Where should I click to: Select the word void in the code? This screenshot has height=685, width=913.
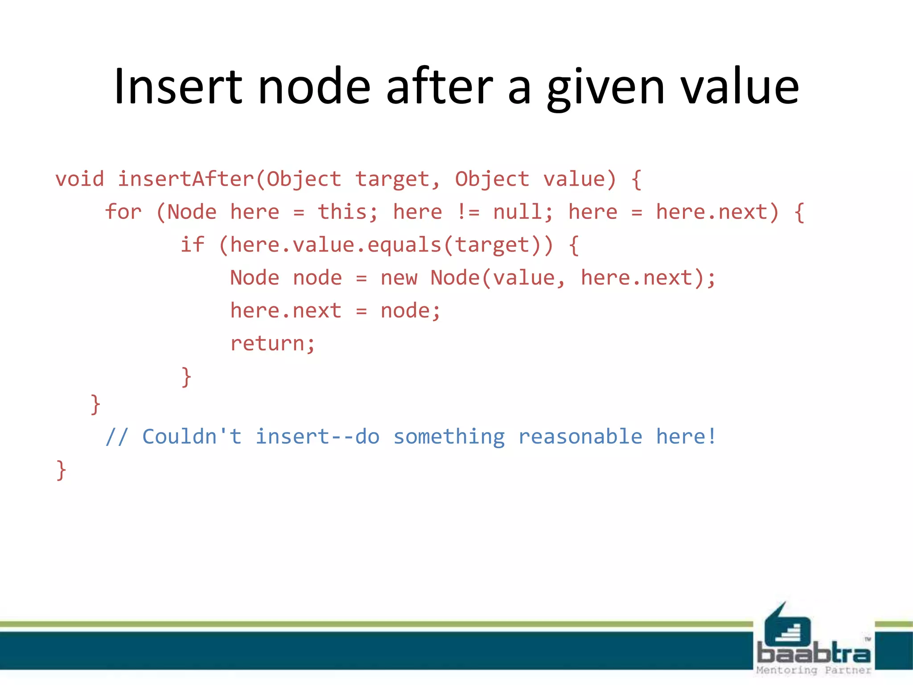[x=80, y=179]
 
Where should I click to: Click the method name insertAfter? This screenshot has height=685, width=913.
[x=185, y=179]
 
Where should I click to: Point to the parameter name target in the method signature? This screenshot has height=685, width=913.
[x=392, y=179]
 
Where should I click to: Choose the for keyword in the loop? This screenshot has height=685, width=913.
[x=123, y=212]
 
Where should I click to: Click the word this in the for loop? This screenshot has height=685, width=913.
[x=342, y=212]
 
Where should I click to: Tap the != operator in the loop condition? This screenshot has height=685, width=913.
[x=468, y=212]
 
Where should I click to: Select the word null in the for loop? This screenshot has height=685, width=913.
[x=517, y=212]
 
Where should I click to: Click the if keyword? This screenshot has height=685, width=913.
[x=192, y=245]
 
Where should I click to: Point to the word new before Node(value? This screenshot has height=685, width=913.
[x=399, y=278]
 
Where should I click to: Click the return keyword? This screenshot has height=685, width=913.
[x=267, y=343]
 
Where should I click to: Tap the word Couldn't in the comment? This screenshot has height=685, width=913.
[x=192, y=437]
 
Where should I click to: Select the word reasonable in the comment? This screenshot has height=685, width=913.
[x=580, y=437]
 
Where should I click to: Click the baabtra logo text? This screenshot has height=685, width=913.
[x=814, y=653]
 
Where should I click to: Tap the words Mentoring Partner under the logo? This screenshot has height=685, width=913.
[x=814, y=670]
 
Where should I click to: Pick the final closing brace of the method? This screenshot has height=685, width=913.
[x=61, y=470]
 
